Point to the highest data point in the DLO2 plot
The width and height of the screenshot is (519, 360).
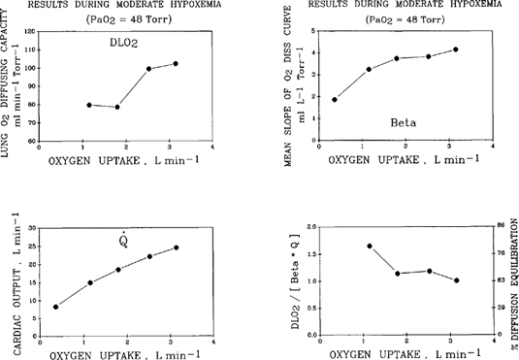click(x=176, y=64)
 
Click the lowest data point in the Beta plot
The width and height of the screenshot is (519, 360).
click(x=335, y=99)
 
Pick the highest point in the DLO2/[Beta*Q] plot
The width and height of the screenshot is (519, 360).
click(x=370, y=245)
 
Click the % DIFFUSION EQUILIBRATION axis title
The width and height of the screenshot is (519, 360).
click(x=512, y=281)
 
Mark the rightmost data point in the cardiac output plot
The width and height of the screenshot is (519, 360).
click(x=177, y=247)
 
